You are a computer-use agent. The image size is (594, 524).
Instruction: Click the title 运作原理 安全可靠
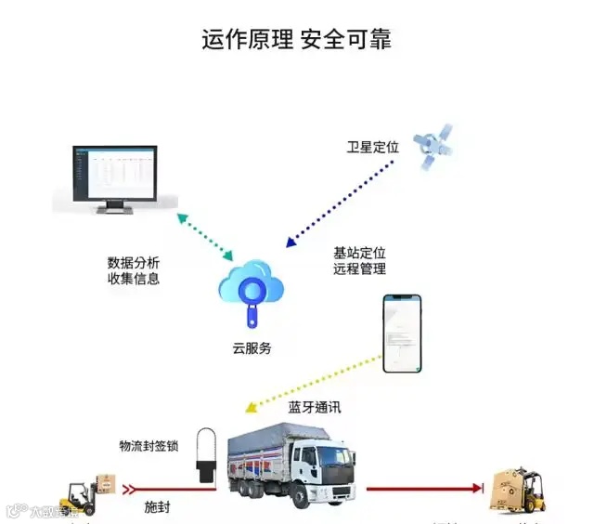(x=297, y=40)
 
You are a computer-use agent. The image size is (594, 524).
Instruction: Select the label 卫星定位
(x=372, y=147)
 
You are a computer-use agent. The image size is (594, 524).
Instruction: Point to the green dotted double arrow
(x=206, y=236)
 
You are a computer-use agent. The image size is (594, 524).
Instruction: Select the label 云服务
(x=252, y=349)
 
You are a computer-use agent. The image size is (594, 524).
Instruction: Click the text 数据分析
(x=134, y=262)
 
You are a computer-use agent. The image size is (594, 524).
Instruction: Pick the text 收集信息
(x=134, y=279)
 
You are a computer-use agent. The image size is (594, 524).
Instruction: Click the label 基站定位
(x=359, y=253)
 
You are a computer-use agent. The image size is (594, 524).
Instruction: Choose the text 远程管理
(x=359, y=269)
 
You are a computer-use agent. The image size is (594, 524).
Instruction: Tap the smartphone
(x=402, y=334)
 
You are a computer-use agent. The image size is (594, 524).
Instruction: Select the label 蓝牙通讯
(x=315, y=408)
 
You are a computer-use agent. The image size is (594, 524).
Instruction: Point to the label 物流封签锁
(x=151, y=447)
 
